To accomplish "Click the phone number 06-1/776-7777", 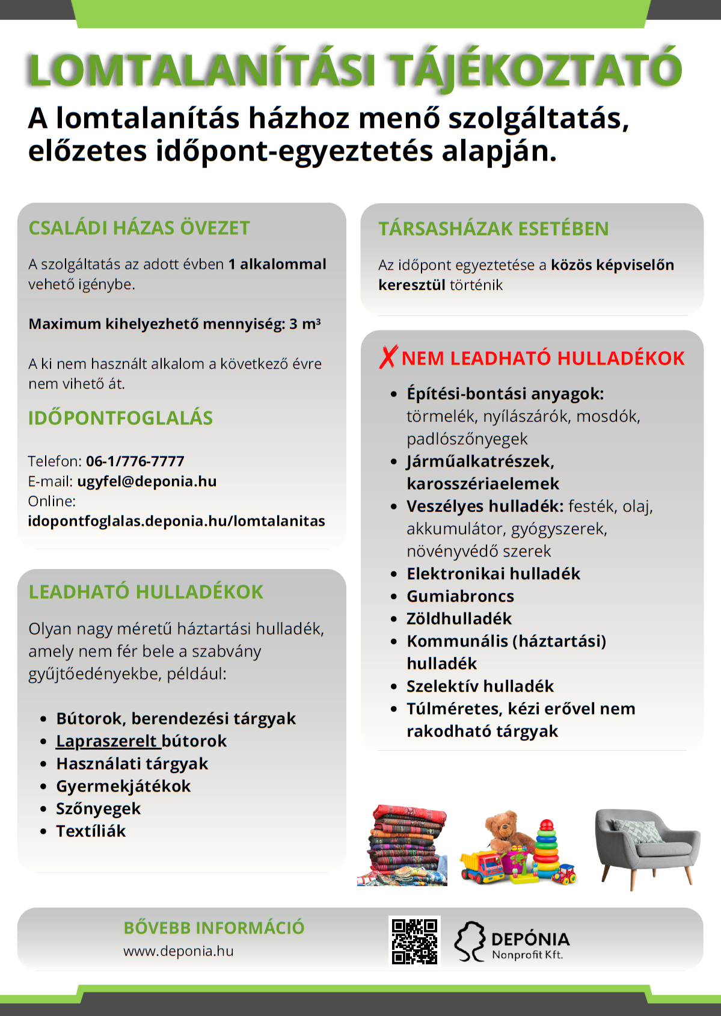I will click(135, 461).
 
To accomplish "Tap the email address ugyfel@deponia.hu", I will click(147, 481).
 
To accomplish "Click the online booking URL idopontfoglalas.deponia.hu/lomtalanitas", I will click(176, 521).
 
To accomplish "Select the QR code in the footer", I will click(414, 941).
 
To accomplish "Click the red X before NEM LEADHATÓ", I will click(388, 357).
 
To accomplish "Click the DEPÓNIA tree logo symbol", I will click(470, 941).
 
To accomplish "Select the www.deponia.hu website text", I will click(179, 951).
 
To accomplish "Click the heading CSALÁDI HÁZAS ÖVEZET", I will click(139, 228).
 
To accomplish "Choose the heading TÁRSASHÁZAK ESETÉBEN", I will click(493, 229).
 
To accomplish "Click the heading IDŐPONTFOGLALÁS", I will click(120, 418).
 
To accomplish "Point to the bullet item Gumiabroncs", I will click(460, 596).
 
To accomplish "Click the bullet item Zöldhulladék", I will click(459, 618).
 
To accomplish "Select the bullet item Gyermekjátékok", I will click(123, 786).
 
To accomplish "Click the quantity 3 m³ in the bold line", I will click(305, 324).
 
